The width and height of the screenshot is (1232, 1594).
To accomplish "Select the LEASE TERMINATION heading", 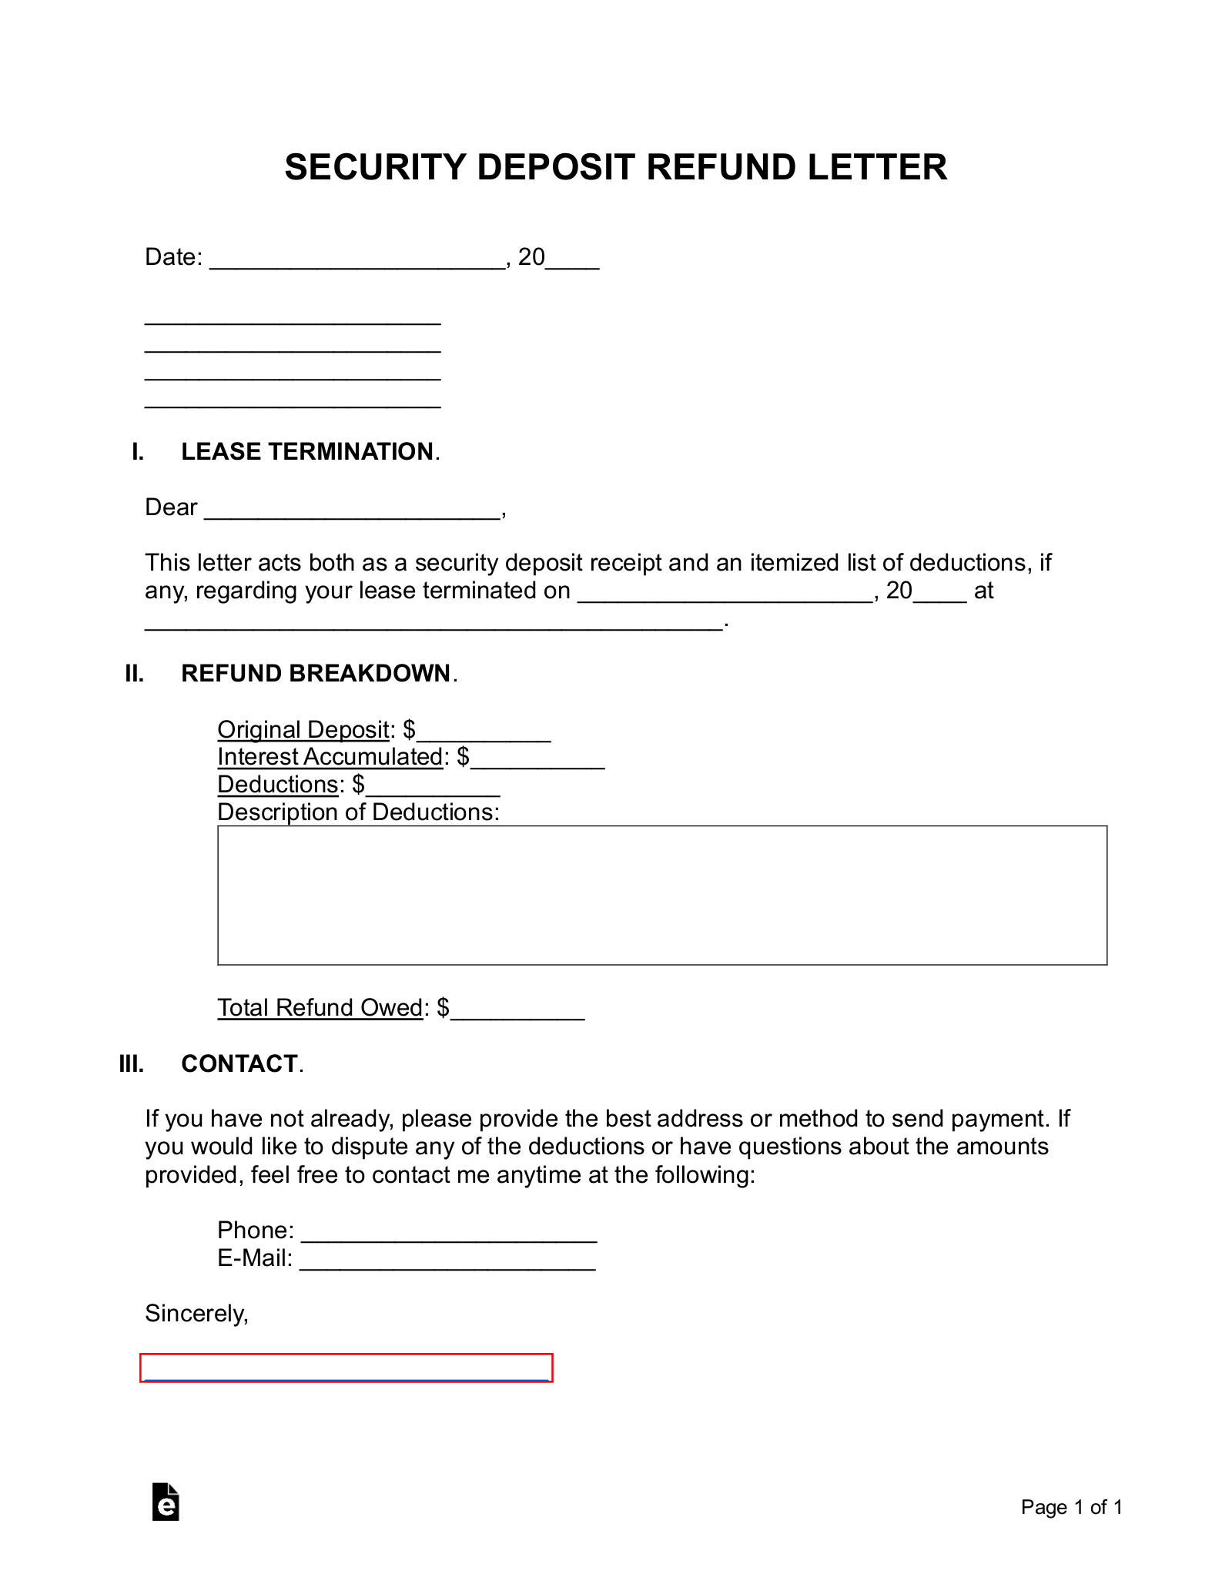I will [x=307, y=451].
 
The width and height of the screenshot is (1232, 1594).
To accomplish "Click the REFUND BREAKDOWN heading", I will [x=316, y=673].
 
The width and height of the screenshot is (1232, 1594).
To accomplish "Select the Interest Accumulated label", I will [x=330, y=757].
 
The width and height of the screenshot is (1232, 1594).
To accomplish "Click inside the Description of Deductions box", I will [x=661, y=895].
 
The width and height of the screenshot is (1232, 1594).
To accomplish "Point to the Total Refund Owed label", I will [x=320, y=1007].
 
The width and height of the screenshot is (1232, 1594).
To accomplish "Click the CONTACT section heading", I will [x=239, y=1063].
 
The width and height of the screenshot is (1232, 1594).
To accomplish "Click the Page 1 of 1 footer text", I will [x=1071, y=1507].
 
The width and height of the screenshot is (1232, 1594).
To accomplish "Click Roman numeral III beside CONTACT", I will [x=132, y=1063].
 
